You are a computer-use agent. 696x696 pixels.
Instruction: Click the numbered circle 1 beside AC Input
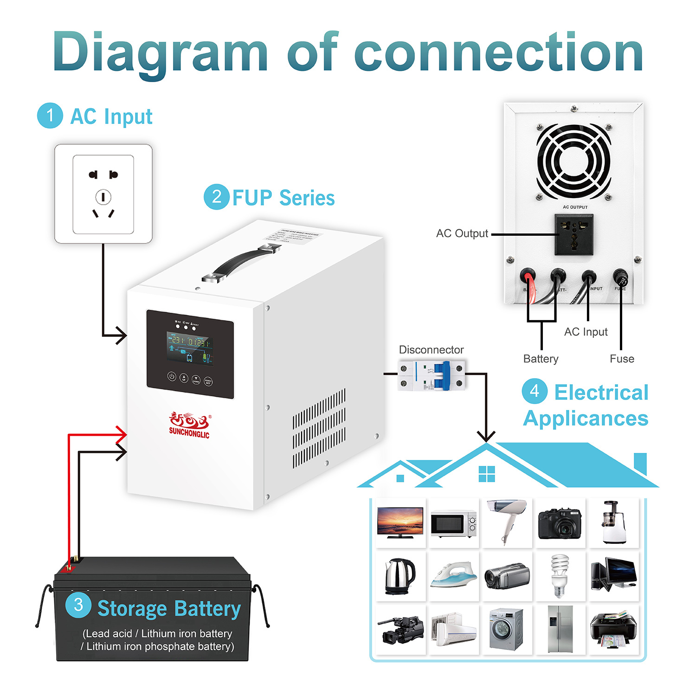[x=50, y=116]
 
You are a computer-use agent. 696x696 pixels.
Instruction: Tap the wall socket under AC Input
[x=103, y=194]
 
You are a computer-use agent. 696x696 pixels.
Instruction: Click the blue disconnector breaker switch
[x=442, y=375]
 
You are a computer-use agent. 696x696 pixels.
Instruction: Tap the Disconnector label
[x=431, y=350]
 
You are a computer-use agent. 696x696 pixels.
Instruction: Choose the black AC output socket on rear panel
[x=574, y=234]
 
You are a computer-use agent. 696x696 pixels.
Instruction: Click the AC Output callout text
[x=462, y=233]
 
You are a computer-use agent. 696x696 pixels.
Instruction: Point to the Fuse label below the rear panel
[x=622, y=359]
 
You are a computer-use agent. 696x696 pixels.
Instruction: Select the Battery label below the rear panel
[x=541, y=359]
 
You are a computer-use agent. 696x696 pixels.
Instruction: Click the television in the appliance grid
[x=400, y=522]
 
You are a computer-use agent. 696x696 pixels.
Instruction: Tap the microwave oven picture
[x=453, y=524]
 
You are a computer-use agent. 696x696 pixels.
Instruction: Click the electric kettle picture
[x=400, y=576]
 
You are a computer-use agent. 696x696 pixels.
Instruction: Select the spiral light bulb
[x=560, y=575]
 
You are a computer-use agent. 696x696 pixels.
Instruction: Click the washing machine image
[x=507, y=629]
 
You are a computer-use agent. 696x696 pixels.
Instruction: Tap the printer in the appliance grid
[x=613, y=629]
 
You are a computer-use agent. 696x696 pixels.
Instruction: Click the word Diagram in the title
[x=160, y=52]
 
